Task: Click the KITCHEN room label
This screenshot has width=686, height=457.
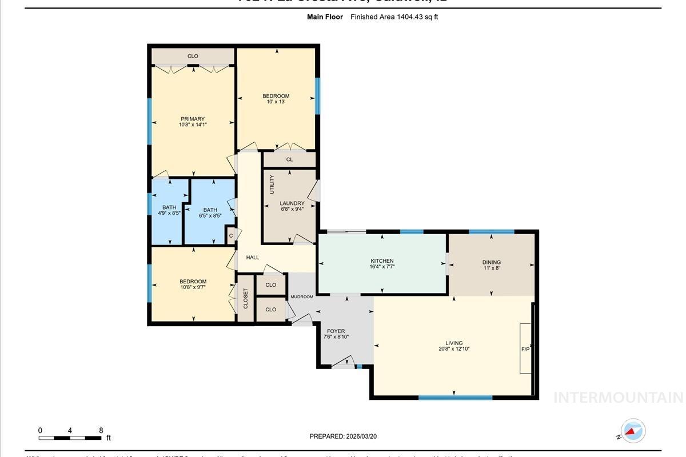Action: point(382,261)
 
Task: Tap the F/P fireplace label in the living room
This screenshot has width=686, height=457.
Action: point(525,349)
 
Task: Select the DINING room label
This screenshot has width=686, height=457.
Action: point(491,262)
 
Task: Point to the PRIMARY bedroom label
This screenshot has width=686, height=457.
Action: point(193,119)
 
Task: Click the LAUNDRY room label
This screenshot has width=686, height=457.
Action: point(292,203)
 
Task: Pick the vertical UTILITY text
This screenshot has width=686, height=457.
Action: point(272,184)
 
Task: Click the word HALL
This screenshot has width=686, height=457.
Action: point(252,258)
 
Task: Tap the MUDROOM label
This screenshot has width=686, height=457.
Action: point(302,296)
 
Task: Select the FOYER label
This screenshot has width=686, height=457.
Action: point(336,331)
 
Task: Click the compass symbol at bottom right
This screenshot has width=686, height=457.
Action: point(633,431)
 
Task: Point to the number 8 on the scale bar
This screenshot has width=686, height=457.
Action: point(101,430)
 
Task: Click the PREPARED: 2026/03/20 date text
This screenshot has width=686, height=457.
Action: point(343,436)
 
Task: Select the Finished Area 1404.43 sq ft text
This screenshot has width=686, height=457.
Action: point(394,17)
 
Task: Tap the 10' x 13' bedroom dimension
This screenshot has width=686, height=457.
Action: point(276,102)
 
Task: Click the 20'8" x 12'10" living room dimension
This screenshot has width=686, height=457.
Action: point(454,348)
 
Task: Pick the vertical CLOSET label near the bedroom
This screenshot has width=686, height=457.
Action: point(245,298)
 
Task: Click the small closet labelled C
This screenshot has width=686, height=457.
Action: point(231,235)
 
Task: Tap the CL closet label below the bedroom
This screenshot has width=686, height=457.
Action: point(289,159)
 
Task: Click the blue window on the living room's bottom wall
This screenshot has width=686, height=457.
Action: point(455,397)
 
